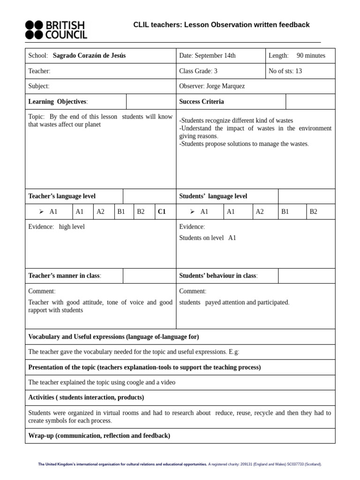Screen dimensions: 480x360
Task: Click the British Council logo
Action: tap(55, 30)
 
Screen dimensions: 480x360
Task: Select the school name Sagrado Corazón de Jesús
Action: tap(89, 56)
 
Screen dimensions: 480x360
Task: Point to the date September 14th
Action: tap(215, 56)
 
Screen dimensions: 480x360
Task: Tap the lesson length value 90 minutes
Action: tap(311, 56)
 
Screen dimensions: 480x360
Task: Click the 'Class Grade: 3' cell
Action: tap(198, 71)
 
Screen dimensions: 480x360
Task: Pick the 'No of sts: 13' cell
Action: tap(285, 71)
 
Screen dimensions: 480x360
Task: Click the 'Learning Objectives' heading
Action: tap(58, 102)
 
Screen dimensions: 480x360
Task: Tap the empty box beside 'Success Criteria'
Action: tap(310, 102)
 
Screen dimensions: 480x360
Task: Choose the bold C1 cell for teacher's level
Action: tap(162, 211)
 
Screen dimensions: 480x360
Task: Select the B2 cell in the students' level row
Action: tap(314, 211)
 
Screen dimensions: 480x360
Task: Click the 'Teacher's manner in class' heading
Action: tap(65, 276)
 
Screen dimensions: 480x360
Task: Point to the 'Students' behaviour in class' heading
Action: tap(218, 276)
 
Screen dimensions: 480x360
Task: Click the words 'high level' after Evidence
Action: tap(72, 227)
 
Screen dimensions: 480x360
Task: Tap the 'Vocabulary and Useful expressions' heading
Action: tap(113, 337)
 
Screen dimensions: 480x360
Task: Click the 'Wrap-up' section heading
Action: tap(99, 435)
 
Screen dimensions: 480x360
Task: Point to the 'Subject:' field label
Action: tap(39, 86)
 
